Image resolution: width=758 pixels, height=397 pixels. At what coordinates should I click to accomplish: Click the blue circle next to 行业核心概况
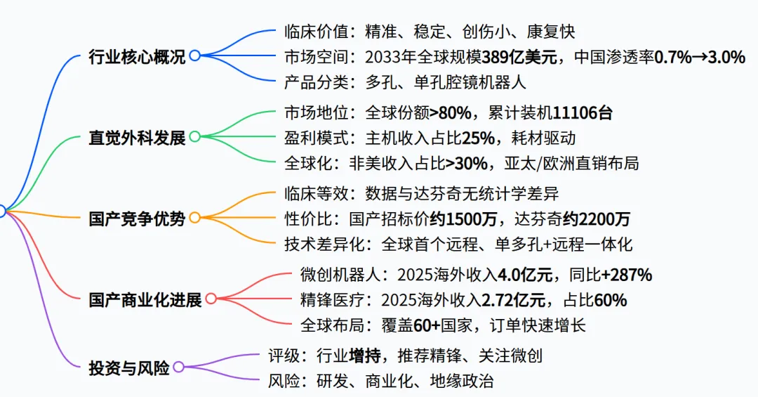(x=194, y=56)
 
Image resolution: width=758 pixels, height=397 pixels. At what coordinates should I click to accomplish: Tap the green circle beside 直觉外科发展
(x=194, y=136)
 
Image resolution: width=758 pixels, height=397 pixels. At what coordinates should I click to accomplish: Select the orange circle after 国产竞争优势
(x=194, y=218)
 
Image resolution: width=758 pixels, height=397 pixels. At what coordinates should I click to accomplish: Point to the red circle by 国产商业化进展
(x=211, y=299)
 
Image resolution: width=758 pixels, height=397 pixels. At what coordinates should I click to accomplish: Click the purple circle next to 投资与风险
(x=178, y=367)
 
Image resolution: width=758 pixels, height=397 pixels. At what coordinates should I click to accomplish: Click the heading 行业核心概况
(x=137, y=56)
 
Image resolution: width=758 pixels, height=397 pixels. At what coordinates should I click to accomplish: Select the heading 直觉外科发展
(x=137, y=137)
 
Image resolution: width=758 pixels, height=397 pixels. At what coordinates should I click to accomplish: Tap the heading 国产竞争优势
(x=137, y=219)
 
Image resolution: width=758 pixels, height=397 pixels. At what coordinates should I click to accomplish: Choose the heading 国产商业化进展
(x=145, y=300)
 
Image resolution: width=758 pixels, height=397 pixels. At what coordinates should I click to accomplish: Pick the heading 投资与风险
(x=129, y=367)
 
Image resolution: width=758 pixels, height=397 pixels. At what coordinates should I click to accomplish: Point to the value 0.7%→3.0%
(x=700, y=57)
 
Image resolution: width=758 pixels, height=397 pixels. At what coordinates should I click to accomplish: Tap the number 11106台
(x=584, y=111)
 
